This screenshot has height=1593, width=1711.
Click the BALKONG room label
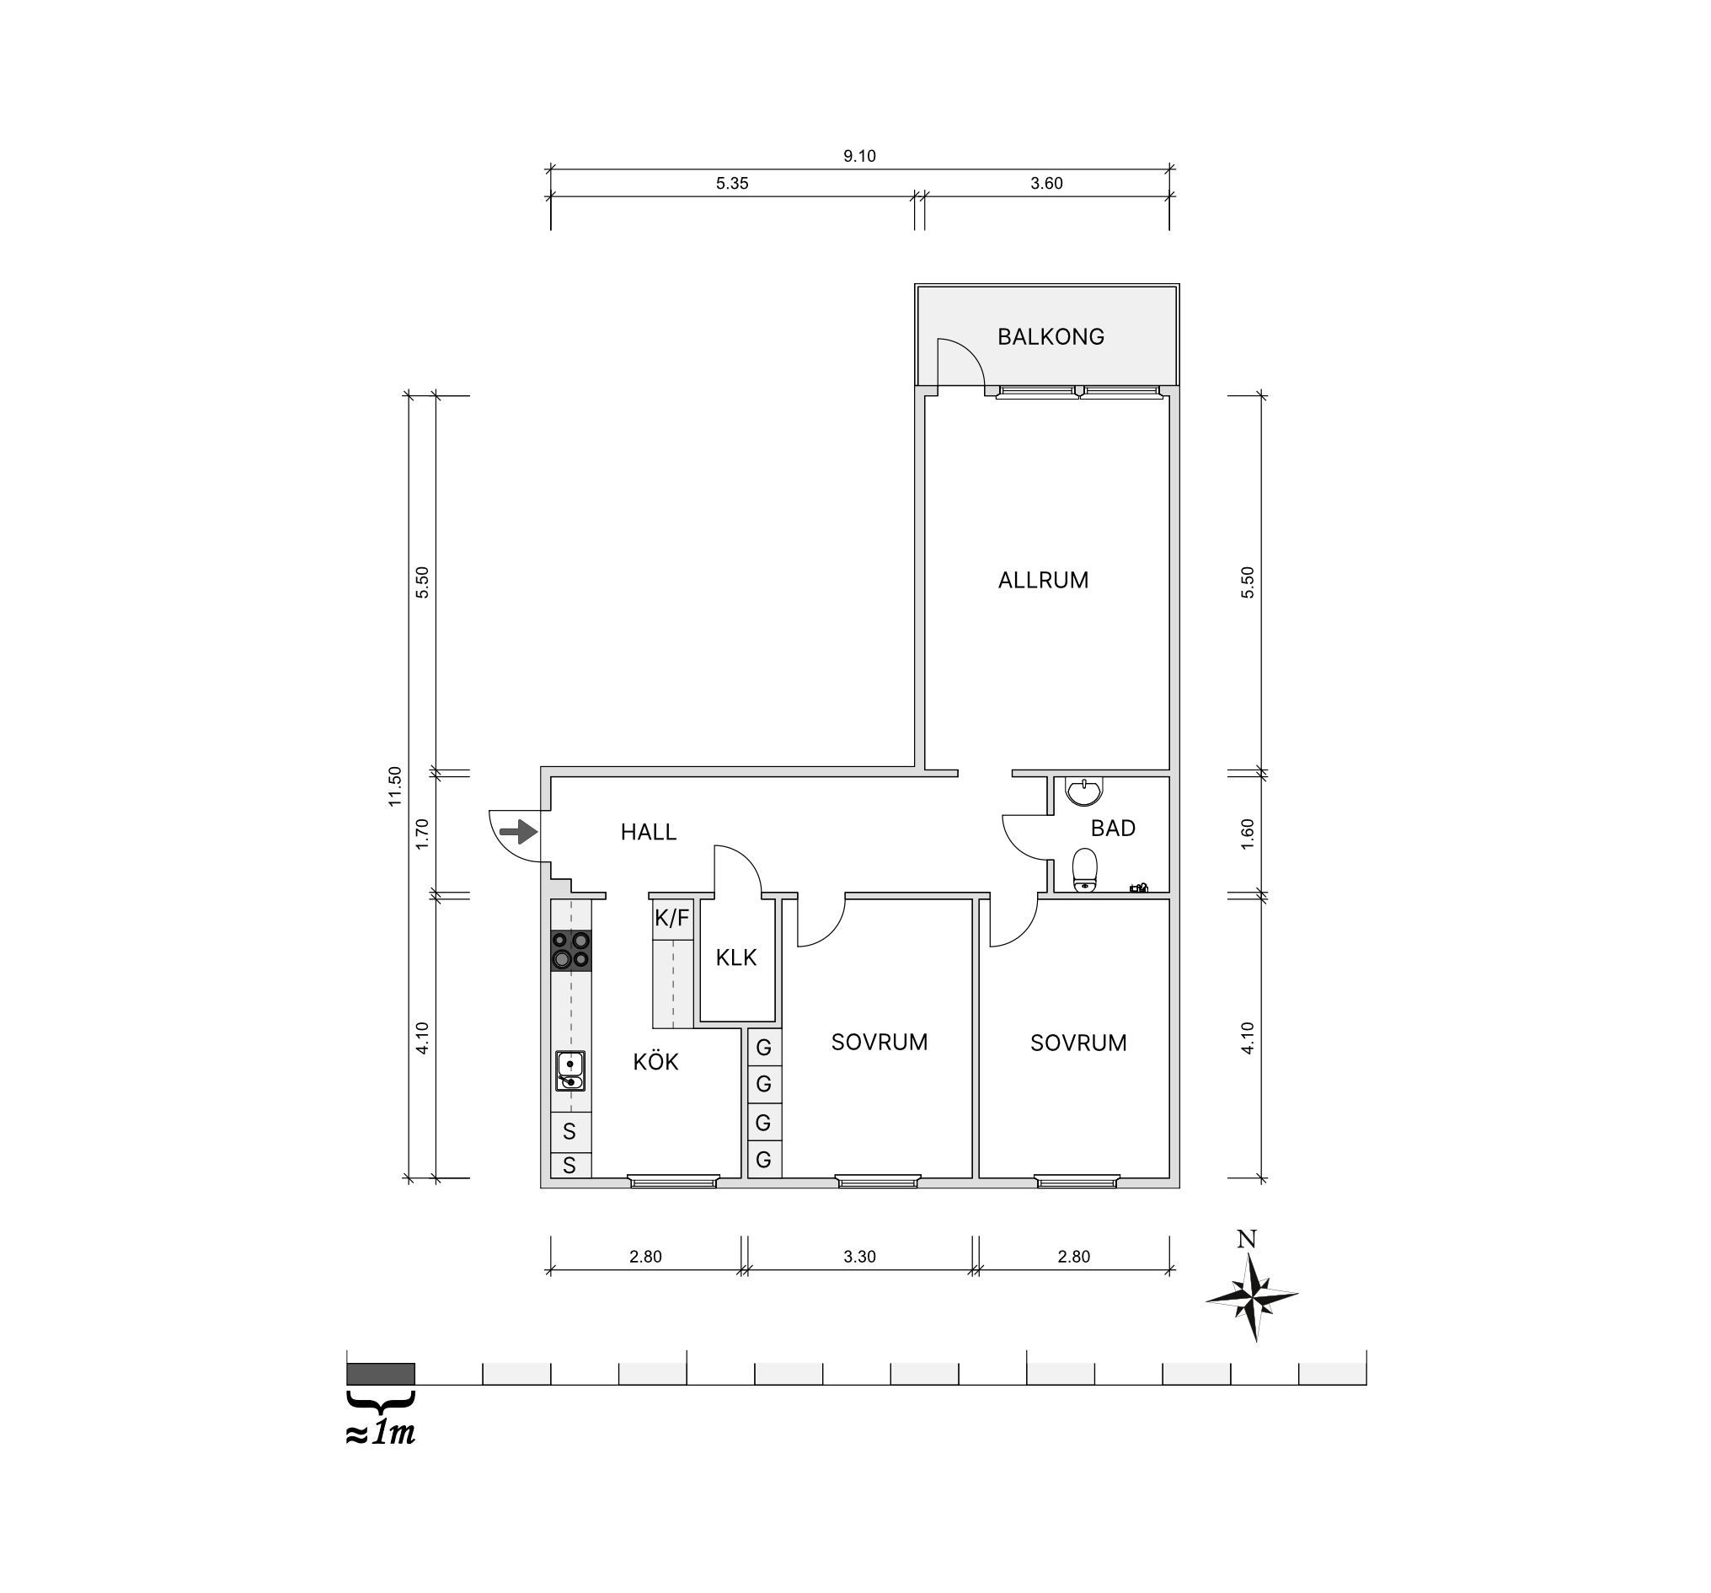click(1050, 336)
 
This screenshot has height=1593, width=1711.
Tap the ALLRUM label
click(1043, 581)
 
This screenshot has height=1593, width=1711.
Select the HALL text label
click(649, 832)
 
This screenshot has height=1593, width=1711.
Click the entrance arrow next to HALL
click(519, 832)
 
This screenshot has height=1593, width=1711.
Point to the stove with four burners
click(570, 951)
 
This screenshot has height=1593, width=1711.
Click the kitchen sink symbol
click(569, 1070)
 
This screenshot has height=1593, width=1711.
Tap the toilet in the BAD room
click(1084, 871)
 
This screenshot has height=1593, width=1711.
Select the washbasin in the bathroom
click(1084, 791)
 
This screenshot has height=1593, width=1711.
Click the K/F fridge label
click(672, 918)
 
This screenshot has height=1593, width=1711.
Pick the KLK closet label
click(735, 957)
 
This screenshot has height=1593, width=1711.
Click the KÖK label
click(655, 1062)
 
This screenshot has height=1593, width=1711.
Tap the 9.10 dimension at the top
click(859, 156)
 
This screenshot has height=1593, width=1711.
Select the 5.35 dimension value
click(731, 184)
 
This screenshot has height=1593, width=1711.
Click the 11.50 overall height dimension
click(395, 786)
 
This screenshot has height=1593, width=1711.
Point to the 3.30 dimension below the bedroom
click(859, 1257)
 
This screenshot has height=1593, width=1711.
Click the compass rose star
click(1252, 1297)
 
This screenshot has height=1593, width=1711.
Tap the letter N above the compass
click(1246, 1239)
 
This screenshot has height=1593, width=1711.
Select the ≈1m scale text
click(381, 1434)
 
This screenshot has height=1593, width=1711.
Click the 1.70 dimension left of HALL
click(422, 834)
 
